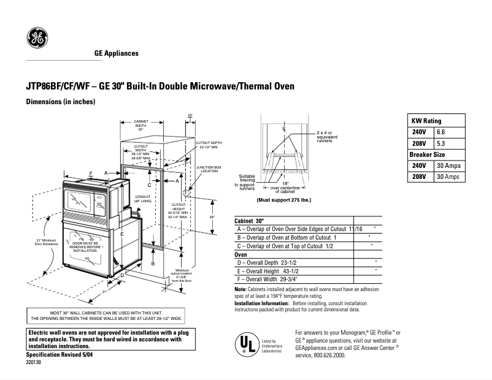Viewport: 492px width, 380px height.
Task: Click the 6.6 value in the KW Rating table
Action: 441,132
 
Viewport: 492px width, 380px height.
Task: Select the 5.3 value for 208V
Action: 441,143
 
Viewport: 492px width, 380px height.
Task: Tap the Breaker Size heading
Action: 428,154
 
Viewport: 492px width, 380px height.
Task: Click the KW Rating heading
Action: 426,121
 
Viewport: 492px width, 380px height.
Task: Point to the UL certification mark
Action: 247,344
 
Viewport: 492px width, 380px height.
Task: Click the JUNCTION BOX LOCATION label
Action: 209,169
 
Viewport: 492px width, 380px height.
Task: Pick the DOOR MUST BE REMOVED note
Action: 85,247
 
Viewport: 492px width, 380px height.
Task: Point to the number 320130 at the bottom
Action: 34,363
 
